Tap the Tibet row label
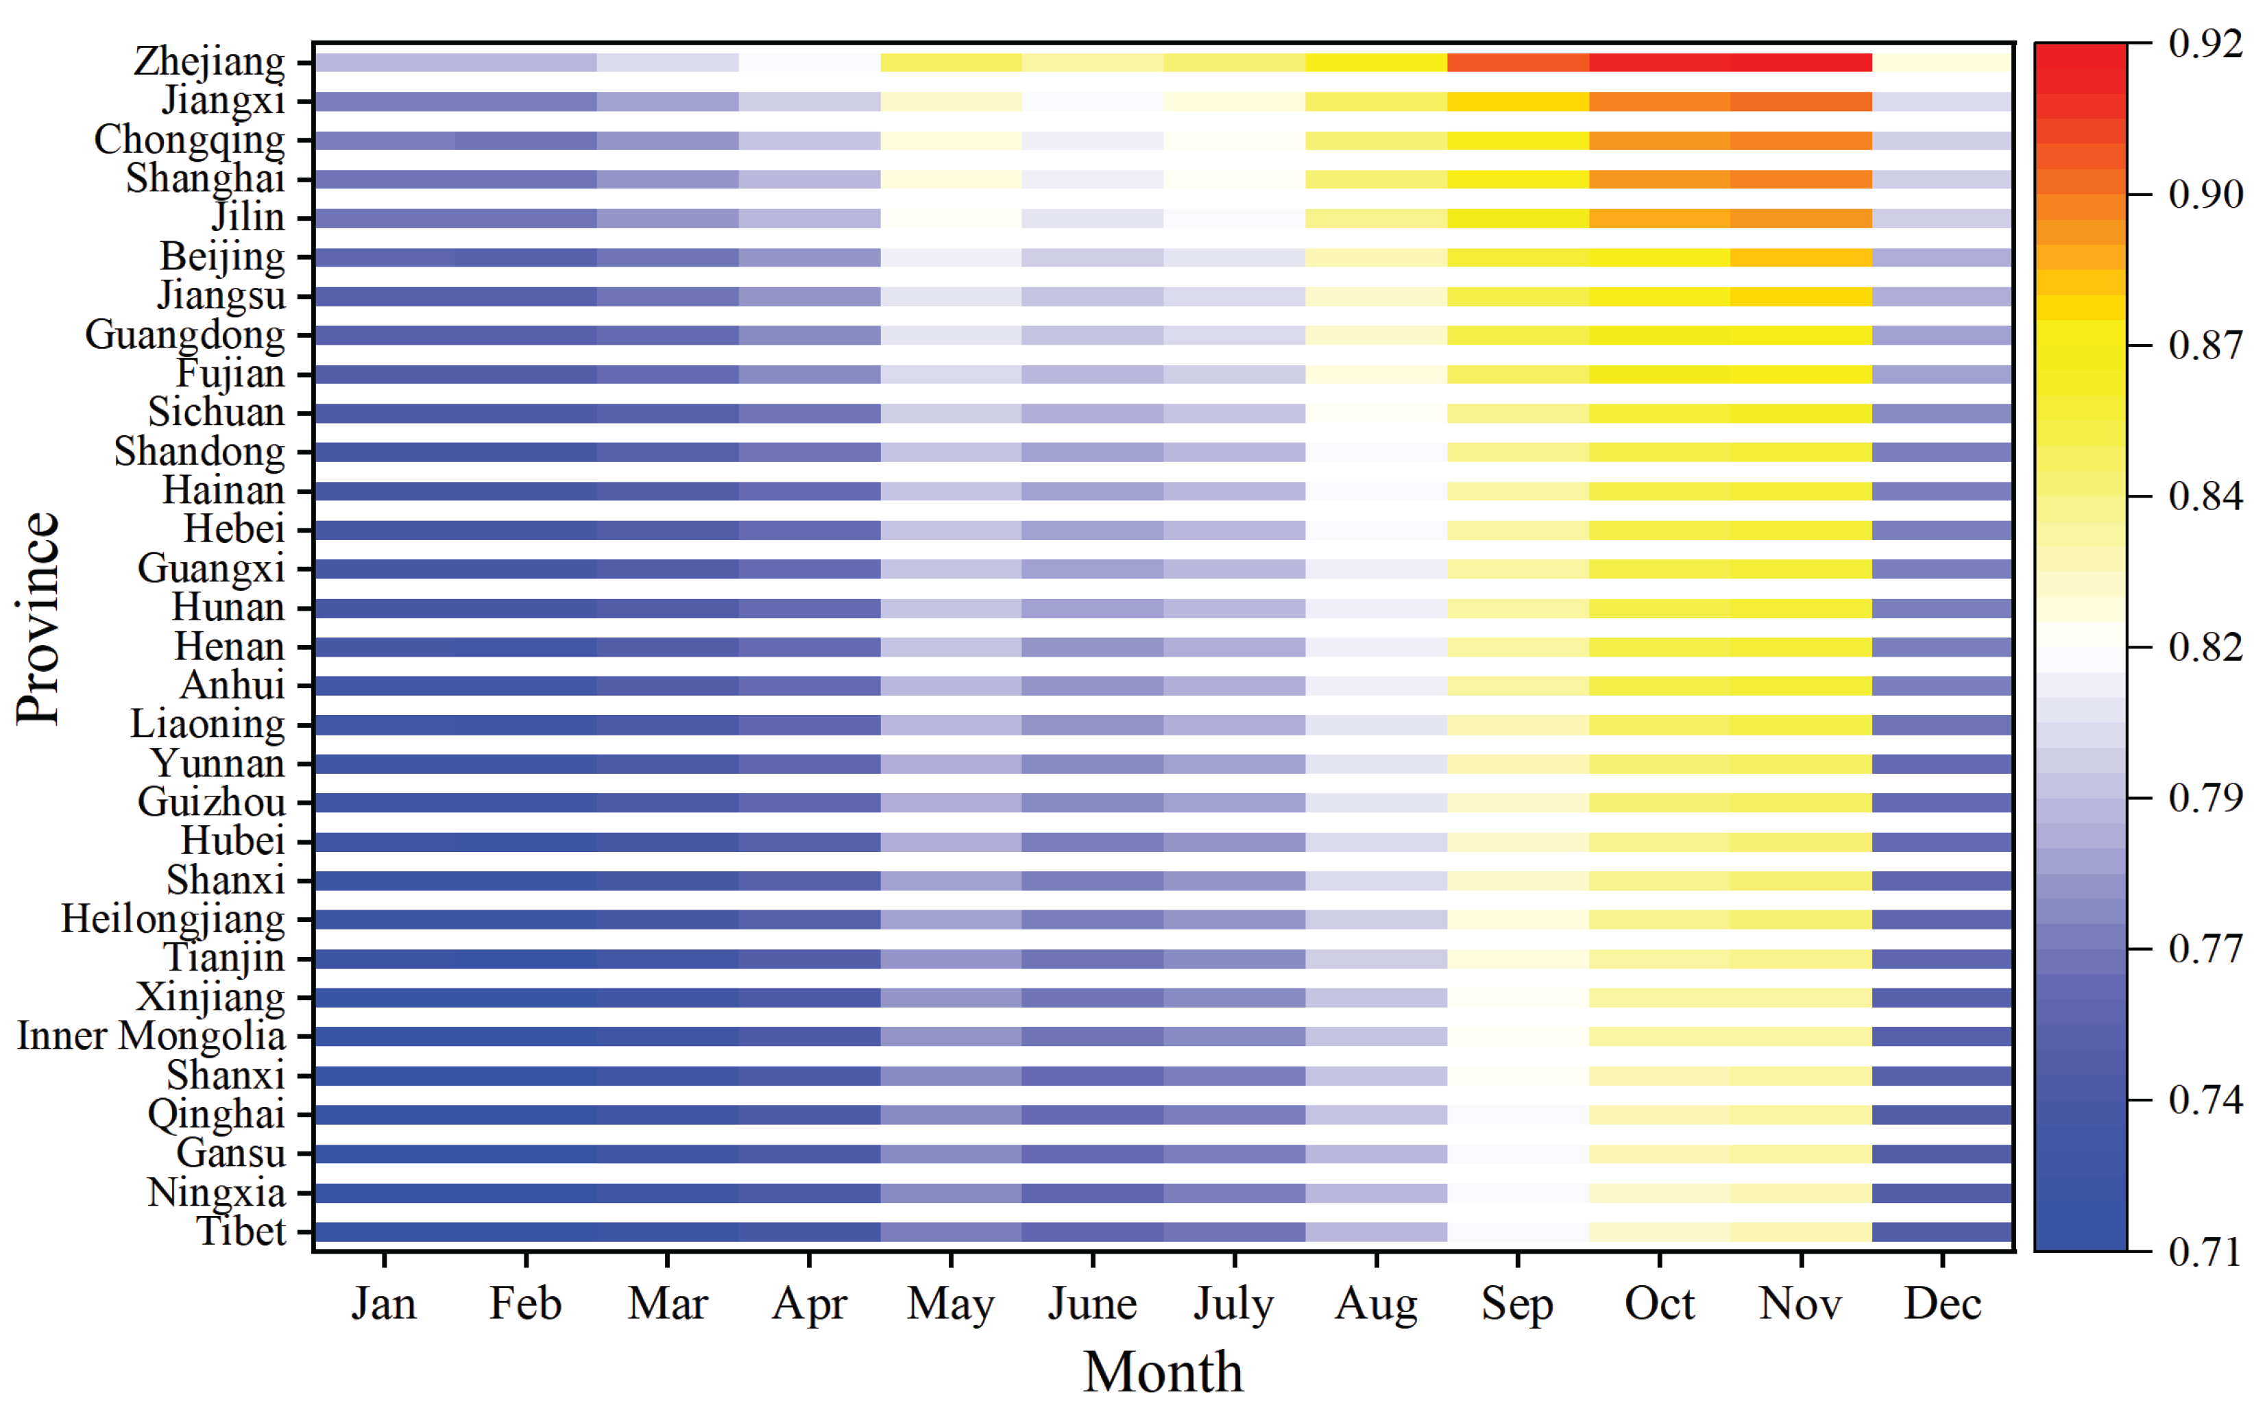click(241, 1231)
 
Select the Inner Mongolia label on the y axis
click(152, 1036)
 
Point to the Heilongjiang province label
click(173, 921)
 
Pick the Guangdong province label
click(185, 336)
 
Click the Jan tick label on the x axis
click(384, 1303)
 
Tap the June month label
click(1092, 1303)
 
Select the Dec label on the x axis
click(1943, 1303)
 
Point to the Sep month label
click(1517, 1304)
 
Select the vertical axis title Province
click(38, 618)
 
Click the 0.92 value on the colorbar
click(2205, 43)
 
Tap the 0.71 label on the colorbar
click(2205, 1252)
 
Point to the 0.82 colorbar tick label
click(2205, 646)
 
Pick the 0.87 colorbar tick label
click(2205, 345)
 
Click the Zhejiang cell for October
click(1660, 62)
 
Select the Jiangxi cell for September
click(1518, 102)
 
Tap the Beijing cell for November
click(1801, 258)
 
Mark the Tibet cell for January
click(385, 1232)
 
